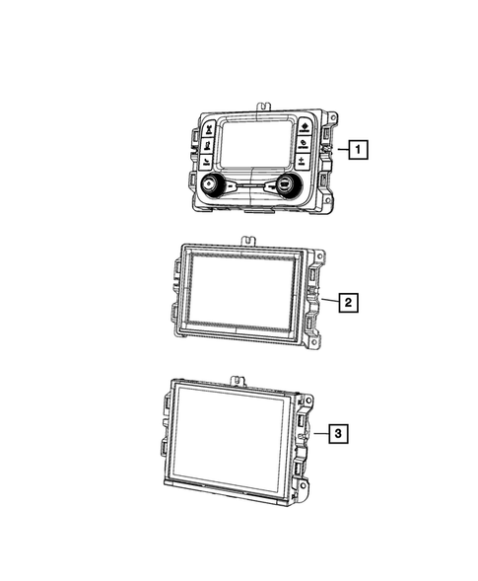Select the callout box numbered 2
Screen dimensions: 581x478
point(347,302)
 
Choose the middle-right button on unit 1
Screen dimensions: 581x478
point(302,141)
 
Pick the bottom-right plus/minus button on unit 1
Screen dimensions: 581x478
point(300,158)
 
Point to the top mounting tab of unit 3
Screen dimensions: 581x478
point(237,378)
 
